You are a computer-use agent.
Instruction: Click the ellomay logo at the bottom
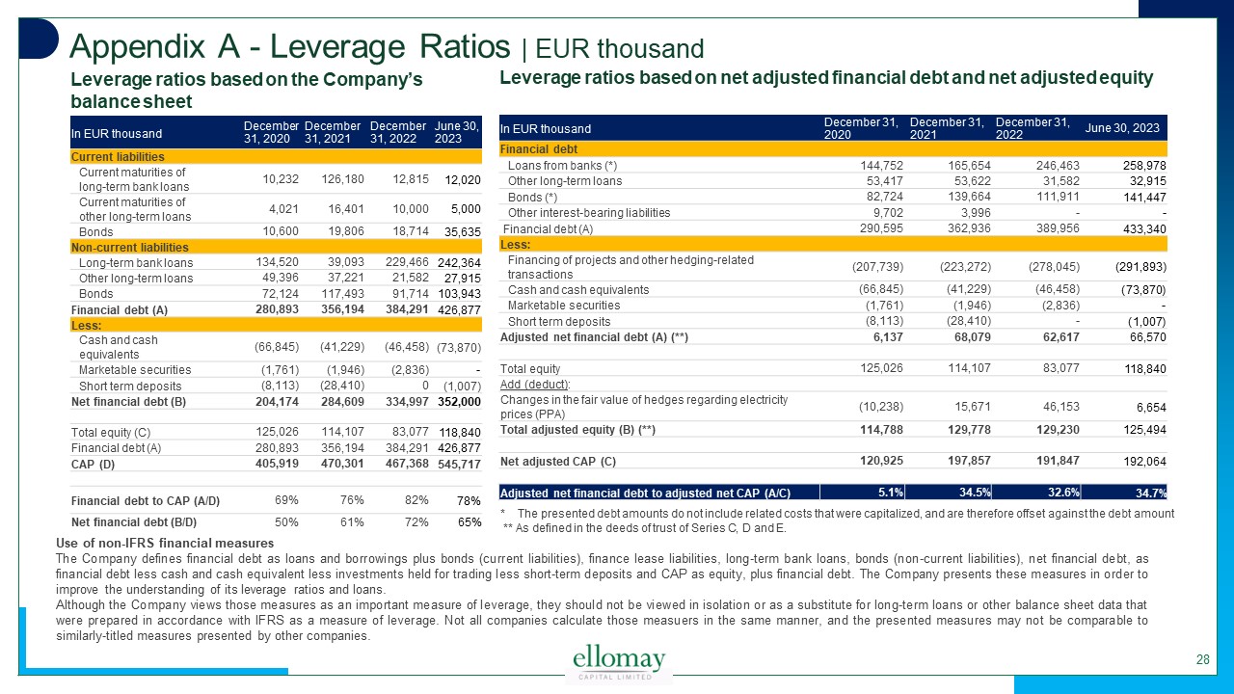pos(619,662)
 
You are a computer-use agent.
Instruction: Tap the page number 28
pos(1202,660)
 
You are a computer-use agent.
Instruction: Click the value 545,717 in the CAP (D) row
pos(459,465)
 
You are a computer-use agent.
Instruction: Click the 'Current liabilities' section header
pos(118,156)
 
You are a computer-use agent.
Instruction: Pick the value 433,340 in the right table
pos(1142,229)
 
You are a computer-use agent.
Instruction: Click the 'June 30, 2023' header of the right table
pos(1125,129)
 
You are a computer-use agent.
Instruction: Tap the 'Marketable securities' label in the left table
pos(135,369)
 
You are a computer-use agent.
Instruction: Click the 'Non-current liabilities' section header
pos(130,248)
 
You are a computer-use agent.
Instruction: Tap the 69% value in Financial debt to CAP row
pos(285,499)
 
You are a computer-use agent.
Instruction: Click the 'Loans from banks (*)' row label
pos(562,166)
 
